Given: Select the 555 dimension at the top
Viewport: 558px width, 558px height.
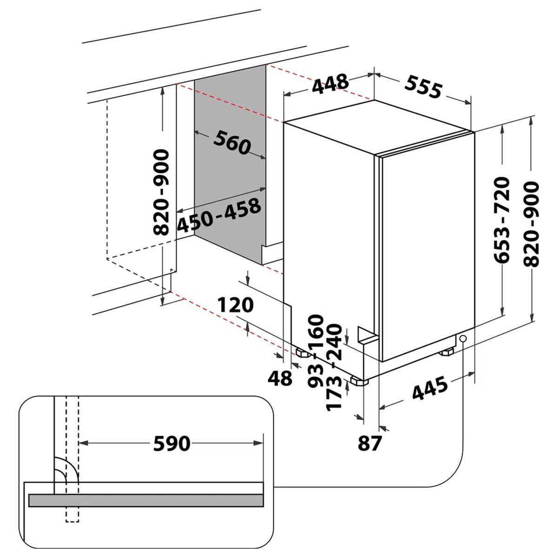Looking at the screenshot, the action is click(x=423, y=86).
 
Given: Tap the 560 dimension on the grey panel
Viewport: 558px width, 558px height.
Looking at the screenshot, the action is click(x=232, y=142).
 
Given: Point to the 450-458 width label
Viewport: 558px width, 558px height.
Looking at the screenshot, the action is click(x=219, y=214).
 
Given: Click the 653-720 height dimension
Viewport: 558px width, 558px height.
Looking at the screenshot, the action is click(x=501, y=220).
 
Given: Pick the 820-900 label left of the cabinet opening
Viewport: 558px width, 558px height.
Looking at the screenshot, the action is click(x=161, y=192).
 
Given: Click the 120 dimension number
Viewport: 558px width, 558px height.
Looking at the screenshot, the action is click(x=235, y=305).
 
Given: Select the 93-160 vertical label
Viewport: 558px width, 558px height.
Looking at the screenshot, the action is click(x=316, y=351).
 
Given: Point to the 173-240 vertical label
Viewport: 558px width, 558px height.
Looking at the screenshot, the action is click(x=334, y=367).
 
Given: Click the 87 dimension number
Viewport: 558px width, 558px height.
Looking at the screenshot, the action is click(x=370, y=443).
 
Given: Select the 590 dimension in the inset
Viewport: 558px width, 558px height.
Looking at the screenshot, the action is click(x=172, y=443).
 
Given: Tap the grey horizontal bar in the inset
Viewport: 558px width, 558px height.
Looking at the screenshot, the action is click(x=146, y=500).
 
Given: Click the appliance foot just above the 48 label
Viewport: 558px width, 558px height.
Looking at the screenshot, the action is click(x=303, y=353).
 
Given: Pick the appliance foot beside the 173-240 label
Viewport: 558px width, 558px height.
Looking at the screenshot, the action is click(x=359, y=381).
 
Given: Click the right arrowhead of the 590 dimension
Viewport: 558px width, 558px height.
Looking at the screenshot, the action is click(x=259, y=443).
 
